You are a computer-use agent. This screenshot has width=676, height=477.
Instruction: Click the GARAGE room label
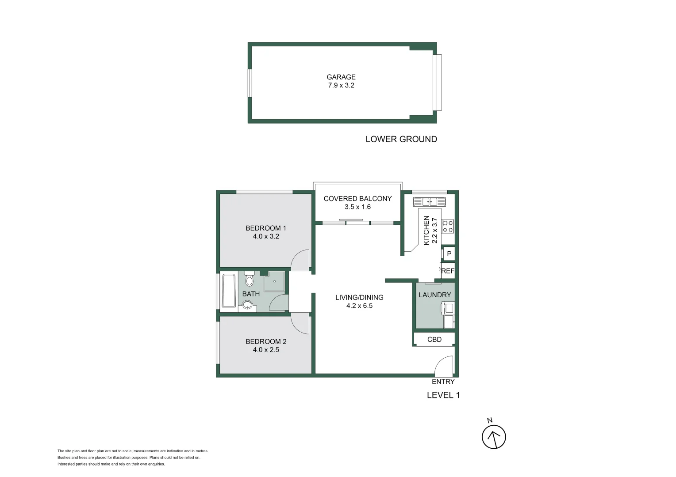point(341,77)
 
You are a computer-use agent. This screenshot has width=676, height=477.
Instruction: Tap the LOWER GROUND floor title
point(401,139)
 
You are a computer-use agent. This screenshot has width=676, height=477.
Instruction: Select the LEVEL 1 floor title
point(443,395)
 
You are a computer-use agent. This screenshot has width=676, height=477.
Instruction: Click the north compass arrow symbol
point(494,437)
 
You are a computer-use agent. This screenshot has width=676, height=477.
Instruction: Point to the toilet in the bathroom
point(249,279)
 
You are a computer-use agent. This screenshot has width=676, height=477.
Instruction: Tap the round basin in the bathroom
point(247,305)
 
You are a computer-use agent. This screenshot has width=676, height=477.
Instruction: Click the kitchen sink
point(430,202)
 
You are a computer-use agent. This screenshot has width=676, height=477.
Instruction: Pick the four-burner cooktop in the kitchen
point(448,226)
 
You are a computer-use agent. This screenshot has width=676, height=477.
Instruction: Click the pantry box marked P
point(449,254)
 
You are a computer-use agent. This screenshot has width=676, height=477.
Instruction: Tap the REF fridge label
point(448,271)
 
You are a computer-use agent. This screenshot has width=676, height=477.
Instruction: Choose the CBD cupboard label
point(434,339)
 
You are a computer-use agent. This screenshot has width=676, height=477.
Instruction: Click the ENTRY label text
point(443,382)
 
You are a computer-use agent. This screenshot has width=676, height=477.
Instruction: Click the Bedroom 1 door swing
point(300,261)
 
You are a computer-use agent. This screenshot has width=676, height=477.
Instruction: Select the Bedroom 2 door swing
point(300,324)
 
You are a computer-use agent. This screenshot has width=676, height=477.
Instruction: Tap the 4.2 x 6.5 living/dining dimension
point(359,306)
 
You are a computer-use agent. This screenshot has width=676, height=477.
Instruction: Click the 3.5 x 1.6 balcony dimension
point(357,207)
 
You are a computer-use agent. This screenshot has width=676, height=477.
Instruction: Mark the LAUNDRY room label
point(434,295)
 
